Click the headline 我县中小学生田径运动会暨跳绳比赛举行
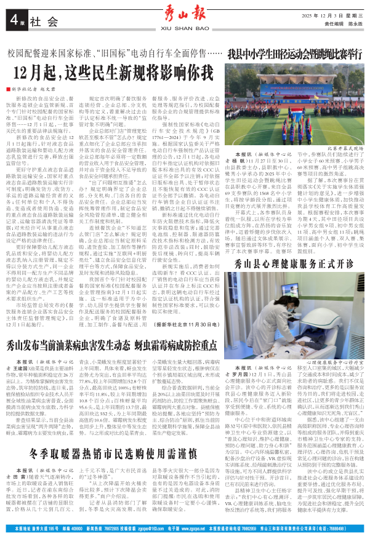pyautogui.click(x=294, y=54)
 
